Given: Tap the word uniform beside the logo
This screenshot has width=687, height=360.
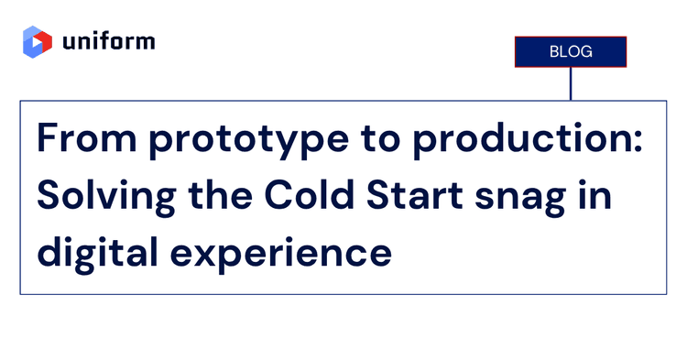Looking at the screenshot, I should (109, 42).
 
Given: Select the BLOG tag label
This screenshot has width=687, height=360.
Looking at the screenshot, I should (570, 52).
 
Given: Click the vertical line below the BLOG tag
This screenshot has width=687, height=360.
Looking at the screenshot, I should (570, 83).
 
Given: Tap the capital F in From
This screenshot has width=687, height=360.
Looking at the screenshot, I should (48, 139).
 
